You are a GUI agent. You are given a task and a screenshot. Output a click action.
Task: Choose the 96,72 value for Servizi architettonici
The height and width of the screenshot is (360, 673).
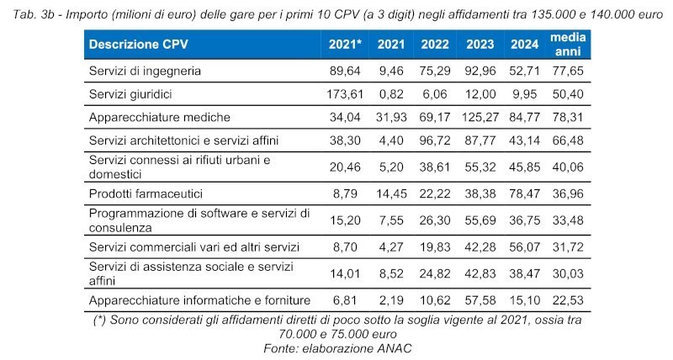pyautogui.click(x=434, y=140)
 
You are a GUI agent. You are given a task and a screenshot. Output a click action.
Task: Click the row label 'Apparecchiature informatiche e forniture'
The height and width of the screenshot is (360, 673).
pyautogui.click(x=200, y=300)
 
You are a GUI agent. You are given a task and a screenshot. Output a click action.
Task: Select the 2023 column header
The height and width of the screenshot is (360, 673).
pyautogui.click(x=479, y=44)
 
